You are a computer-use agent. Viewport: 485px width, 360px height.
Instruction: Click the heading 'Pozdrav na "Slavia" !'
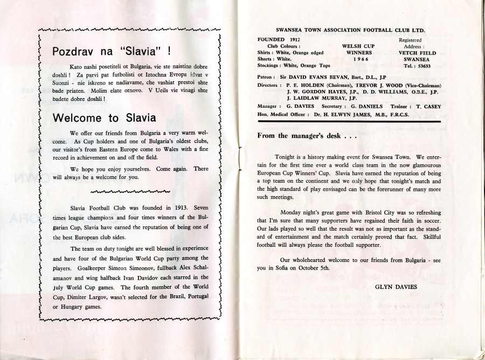pyautogui.click(x=112, y=52)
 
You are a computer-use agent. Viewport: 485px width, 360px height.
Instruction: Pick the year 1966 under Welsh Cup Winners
pyautogui.click(x=354, y=60)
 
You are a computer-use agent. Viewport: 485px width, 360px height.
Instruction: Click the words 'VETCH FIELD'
pyautogui.click(x=418, y=53)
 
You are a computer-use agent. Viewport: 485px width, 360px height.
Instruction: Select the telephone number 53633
pyautogui.click(x=425, y=66)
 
